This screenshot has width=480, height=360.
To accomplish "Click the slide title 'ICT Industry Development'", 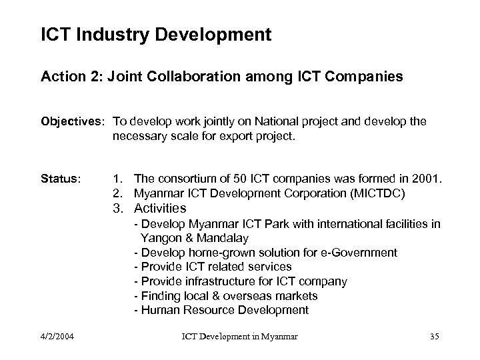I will (x=156, y=35).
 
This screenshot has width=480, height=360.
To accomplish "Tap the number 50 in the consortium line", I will (x=256, y=179).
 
